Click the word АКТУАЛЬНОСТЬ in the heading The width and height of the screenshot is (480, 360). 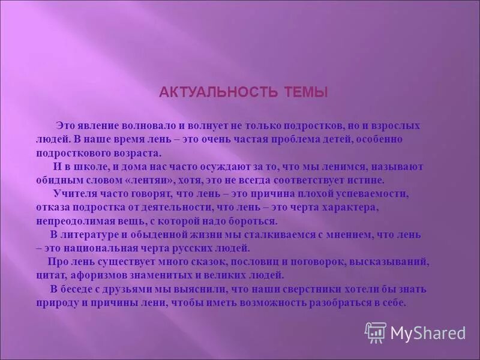218,92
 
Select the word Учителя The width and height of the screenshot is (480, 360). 73,193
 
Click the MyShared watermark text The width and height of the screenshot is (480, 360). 428,332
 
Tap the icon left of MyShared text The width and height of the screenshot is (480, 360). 375,332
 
